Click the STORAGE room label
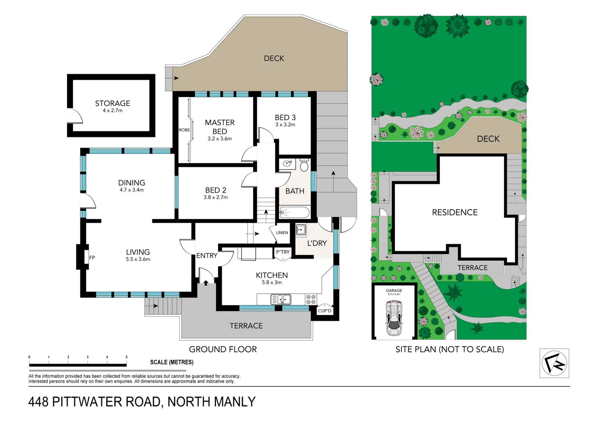[112, 103]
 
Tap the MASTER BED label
[220, 127]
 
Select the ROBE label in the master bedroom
[184, 130]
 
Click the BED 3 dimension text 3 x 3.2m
[285, 125]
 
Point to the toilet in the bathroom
[304, 165]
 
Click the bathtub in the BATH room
[295, 213]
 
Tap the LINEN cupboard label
[282, 232]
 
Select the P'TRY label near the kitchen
[283, 252]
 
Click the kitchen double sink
[281, 300]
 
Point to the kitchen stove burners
[311, 299]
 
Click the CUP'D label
[325, 311]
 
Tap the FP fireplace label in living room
[92, 258]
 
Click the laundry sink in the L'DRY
[301, 230]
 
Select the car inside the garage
[394, 318]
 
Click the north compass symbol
[554, 363]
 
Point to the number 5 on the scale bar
[126, 357]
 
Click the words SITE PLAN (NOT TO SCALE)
[449, 349]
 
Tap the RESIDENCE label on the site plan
[455, 212]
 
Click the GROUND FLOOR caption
[223, 349]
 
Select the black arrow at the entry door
[206, 283]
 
